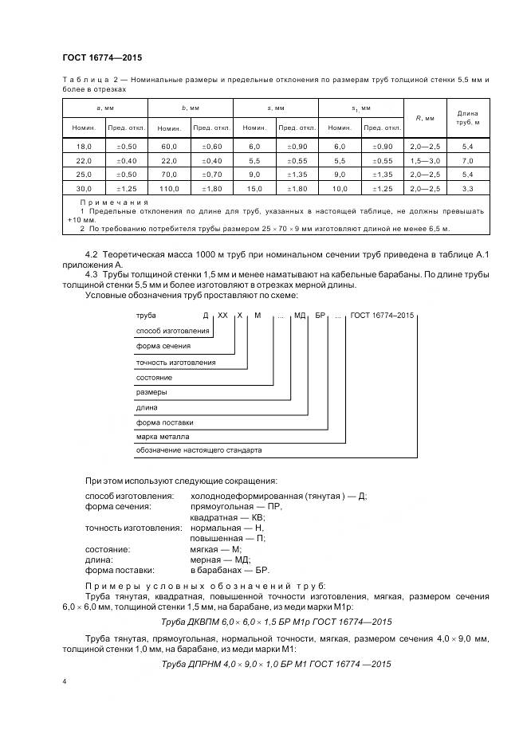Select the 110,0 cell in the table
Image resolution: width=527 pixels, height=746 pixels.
tap(168, 188)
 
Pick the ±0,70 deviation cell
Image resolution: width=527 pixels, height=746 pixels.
tap(211, 175)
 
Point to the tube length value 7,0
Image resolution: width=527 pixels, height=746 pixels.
tap(469, 161)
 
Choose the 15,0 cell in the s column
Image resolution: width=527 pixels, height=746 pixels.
tap(254, 188)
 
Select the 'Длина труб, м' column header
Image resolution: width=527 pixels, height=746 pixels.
tap(469, 117)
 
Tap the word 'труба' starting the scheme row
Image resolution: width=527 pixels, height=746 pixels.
tap(145, 316)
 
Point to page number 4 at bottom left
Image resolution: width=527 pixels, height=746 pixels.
tap(65, 682)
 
